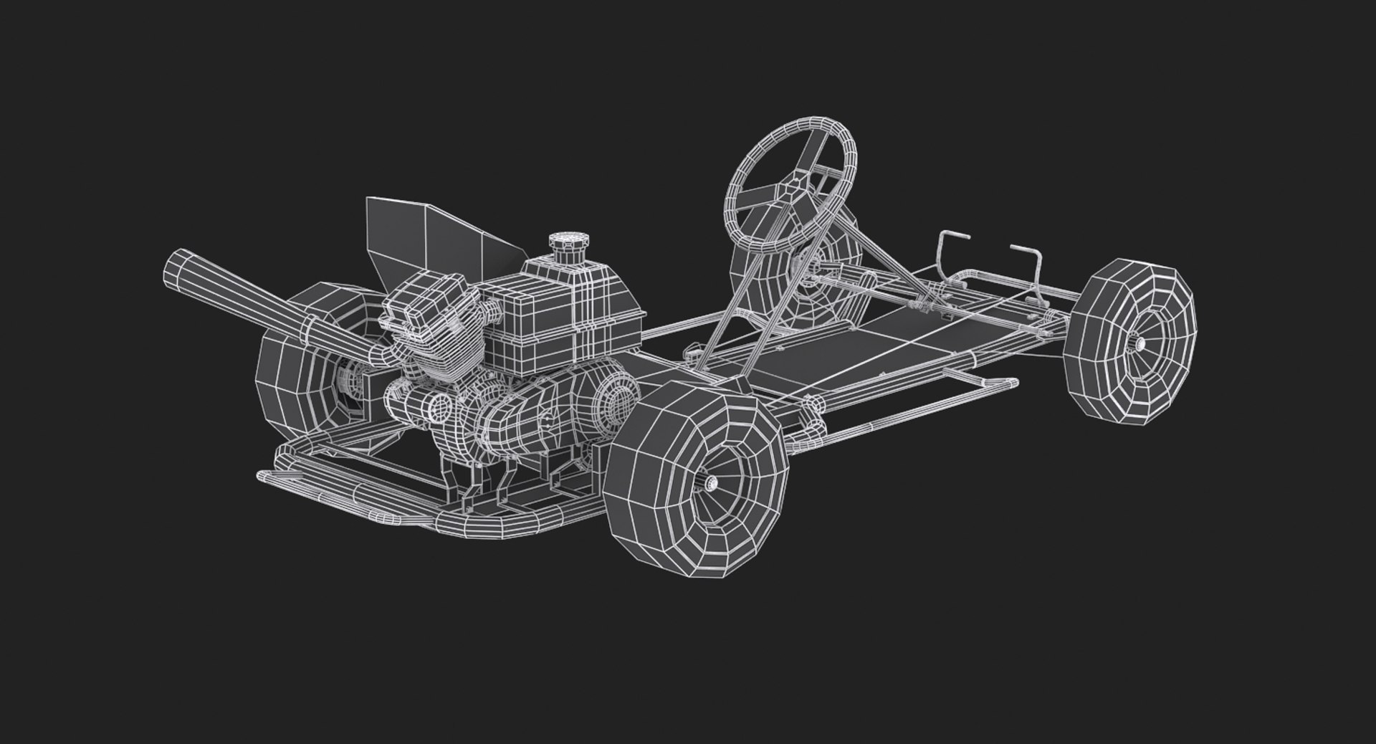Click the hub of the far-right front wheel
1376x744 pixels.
[1140, 345]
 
